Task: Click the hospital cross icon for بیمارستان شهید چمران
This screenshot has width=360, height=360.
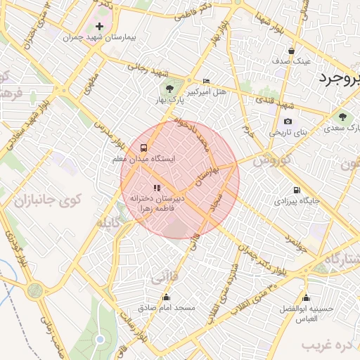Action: [x=99, y=27]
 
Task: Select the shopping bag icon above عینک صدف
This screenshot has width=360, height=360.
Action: [x=292, y=51]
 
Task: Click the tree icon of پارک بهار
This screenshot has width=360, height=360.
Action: [x=169, y=89]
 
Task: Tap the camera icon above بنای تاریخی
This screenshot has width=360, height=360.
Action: [x=287, y=122]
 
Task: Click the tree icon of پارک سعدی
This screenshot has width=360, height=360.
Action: [x=342, y=117]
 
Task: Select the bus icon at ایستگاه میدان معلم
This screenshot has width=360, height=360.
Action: [x=143, y=148]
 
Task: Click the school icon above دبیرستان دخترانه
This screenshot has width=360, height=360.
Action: [x=156, y=188]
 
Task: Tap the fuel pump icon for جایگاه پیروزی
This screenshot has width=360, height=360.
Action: [x=297, y=189]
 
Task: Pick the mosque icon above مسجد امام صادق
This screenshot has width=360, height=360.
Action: [x=167, y=297]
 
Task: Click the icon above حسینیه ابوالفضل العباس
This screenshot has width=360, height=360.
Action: [x=304, y=297]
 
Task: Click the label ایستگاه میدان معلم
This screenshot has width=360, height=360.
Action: [x=143, y=160]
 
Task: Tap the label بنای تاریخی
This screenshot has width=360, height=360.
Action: [x=287, y=132]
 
